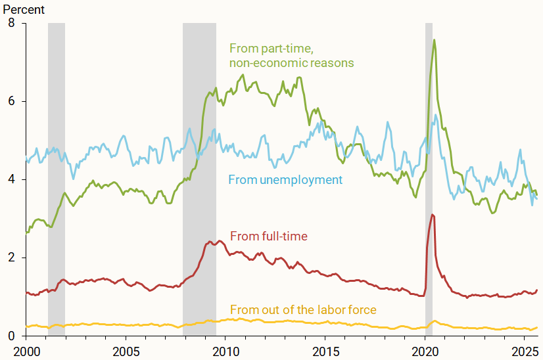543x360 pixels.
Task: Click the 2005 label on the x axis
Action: [x=126, y=350]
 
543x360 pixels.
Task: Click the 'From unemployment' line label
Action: [x=285, y=179]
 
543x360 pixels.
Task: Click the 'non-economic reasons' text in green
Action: [x=291, y=63]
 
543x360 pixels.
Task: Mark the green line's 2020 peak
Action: [x=434, y=40]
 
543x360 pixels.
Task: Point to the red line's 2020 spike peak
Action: [x=431, y=214]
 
